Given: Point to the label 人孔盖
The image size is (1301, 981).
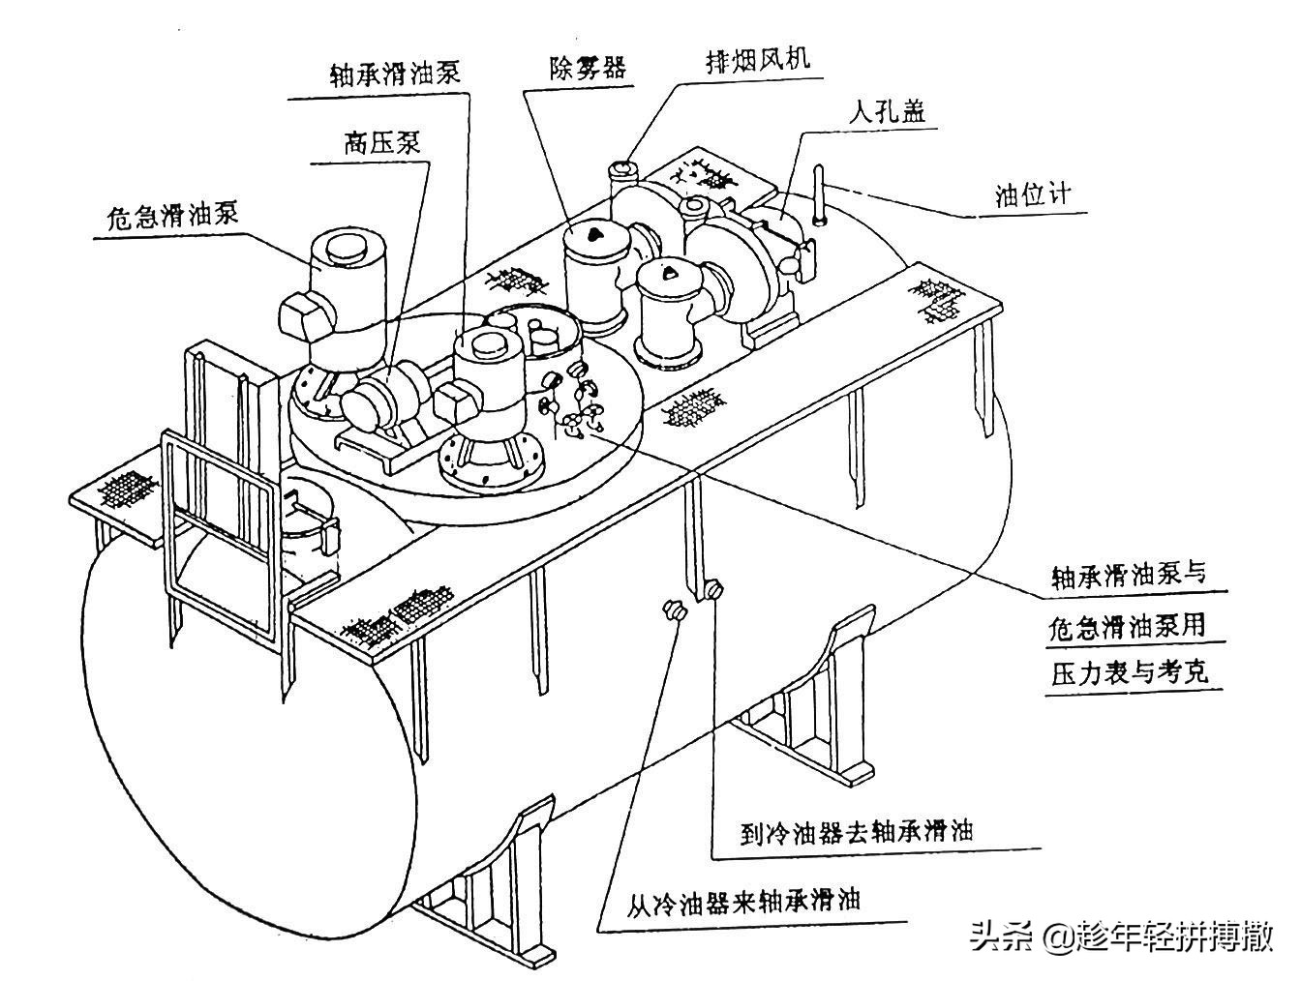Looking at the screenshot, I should (x=887, y=111).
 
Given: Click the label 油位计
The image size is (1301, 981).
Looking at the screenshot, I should (x=1034, y=196).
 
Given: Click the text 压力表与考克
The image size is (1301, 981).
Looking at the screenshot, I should (x=1130, y=672).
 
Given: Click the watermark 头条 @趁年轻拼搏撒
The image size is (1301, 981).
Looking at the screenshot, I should (x=1120, y=936).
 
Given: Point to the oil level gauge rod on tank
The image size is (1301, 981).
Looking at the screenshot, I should (x=820, y=195).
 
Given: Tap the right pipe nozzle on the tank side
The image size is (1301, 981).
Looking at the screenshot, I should (x=713, y=588).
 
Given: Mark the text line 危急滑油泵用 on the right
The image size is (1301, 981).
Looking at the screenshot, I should (x=1128, y=626).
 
